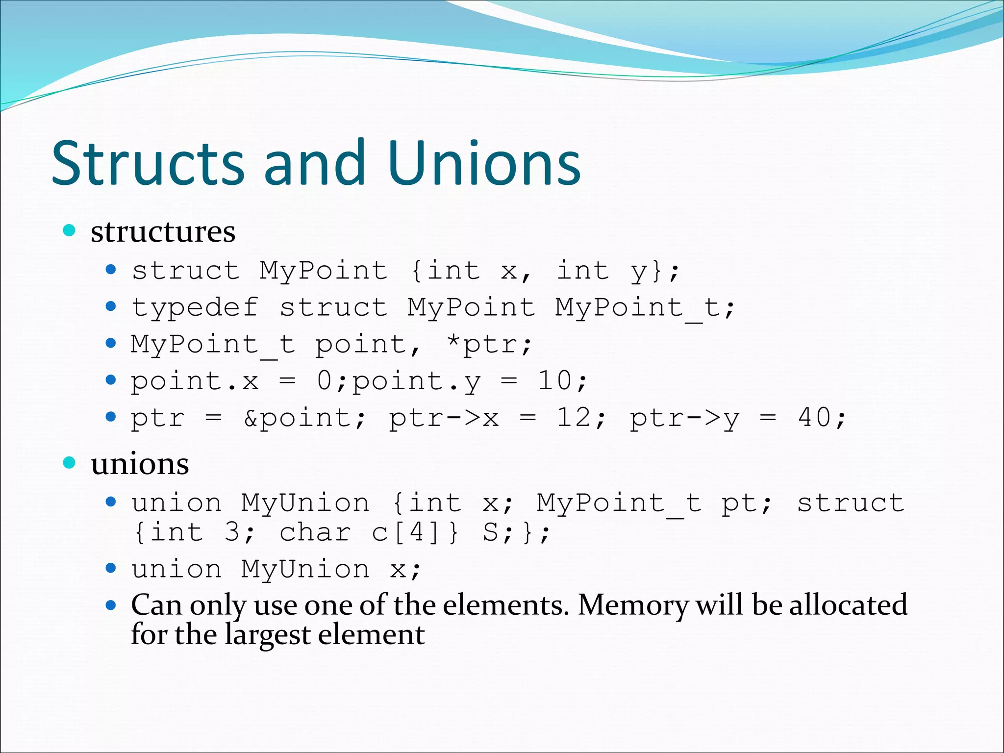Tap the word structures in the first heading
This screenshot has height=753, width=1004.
pos(163,231)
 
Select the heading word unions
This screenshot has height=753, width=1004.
pos(140,464)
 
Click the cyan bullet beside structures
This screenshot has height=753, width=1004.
pos(70,230)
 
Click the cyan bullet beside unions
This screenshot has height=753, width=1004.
pos(70,462)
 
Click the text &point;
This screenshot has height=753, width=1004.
pos(304,418)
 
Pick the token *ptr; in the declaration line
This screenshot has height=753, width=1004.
pos(489,344)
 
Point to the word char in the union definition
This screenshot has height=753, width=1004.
pos(315,532)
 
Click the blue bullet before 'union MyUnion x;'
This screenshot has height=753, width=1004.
pos(111,568)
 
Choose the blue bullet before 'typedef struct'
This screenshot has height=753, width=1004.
pos(111,307)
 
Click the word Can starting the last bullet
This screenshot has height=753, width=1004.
pos(156,605)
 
